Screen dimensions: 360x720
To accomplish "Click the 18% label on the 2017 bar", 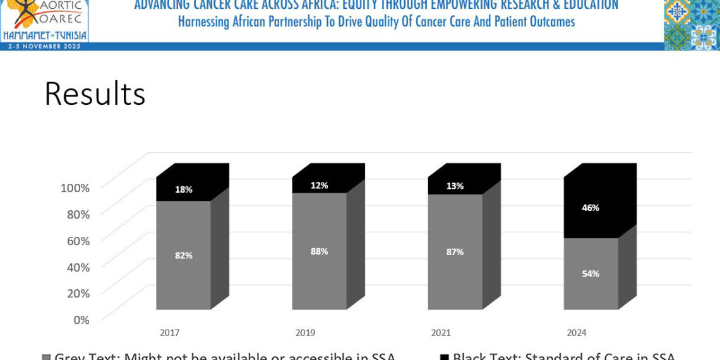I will click(x=184, y=189).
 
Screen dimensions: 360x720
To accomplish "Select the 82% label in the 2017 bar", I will click(x=184, y=255).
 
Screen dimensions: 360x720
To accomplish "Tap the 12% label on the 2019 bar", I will click(x=319, y=186).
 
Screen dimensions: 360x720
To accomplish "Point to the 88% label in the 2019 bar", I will click(x=319, y=251).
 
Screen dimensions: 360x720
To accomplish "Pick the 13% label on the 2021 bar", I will click(x=455, y=186).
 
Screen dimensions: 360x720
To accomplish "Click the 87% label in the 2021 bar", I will click(x=455, y=251).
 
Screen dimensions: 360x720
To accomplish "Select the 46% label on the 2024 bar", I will click(x=591, y=207).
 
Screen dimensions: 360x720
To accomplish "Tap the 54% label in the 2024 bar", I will click(x=591, y=273).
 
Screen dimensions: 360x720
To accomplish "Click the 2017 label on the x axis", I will click(x=170, y=333).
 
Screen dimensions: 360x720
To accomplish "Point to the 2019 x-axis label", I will click(x=306, y=333).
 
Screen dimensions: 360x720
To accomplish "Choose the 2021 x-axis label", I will click(x=441, y=333).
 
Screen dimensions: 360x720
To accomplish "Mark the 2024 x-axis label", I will click(x=577, y=333).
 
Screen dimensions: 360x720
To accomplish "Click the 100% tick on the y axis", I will click(x=75, y=188).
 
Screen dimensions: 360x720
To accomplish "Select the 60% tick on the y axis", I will click(x=78, y=241).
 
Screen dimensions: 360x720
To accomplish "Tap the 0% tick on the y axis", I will click(x=81, y=320).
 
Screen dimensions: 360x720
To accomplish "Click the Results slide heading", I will click(x=95, y=94).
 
